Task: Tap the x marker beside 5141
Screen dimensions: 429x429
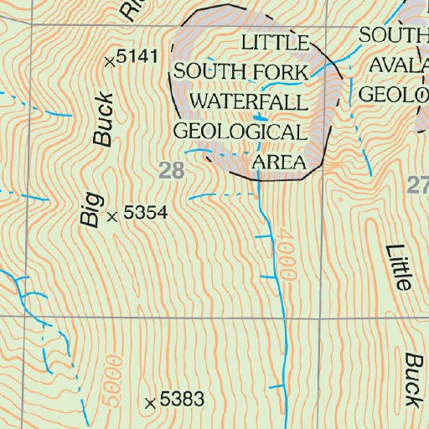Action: (x=109, y=60)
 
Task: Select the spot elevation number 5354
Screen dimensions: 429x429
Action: (x=146, y=214)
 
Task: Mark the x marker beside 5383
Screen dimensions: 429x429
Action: (x=150, y=403)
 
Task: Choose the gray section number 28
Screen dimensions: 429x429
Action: (x=170, y=171)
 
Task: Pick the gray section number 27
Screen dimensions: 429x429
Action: (x=417, y=185)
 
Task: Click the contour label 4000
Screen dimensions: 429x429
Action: (x=289, y=257)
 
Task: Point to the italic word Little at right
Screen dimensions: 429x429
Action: (x=400, y=267)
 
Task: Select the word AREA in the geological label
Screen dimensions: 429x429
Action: (x=278, y=162)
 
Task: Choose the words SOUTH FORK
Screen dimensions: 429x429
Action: (x=241, y=72)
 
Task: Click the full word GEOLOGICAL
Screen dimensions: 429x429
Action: (x=239, y=132)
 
